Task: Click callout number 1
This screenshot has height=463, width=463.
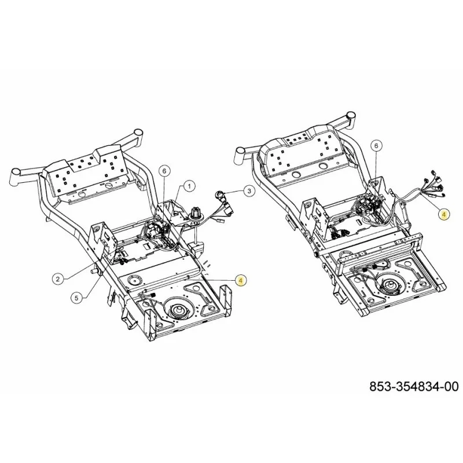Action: coord(189,186)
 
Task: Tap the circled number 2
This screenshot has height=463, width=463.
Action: coord(58,278)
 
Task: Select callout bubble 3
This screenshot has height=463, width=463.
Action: coord(249,191)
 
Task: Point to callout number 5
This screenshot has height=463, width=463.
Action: coord(76,298)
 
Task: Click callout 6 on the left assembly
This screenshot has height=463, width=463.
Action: coord(164,171)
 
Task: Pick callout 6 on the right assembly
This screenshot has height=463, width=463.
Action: coord(376,146)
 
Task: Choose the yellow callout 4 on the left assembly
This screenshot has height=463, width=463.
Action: coord(241,280)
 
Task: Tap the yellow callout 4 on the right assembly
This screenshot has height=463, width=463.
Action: coord(444,214)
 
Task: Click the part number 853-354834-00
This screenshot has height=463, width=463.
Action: coord(414,387)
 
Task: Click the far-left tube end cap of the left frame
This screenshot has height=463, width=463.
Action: coord(15,172)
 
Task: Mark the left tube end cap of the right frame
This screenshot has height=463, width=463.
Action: coord(238,153)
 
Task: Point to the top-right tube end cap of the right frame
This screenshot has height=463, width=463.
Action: coord(350,115)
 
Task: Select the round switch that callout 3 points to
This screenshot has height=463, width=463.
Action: coord(221,194)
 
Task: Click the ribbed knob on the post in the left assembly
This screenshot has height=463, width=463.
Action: coord(196,212)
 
